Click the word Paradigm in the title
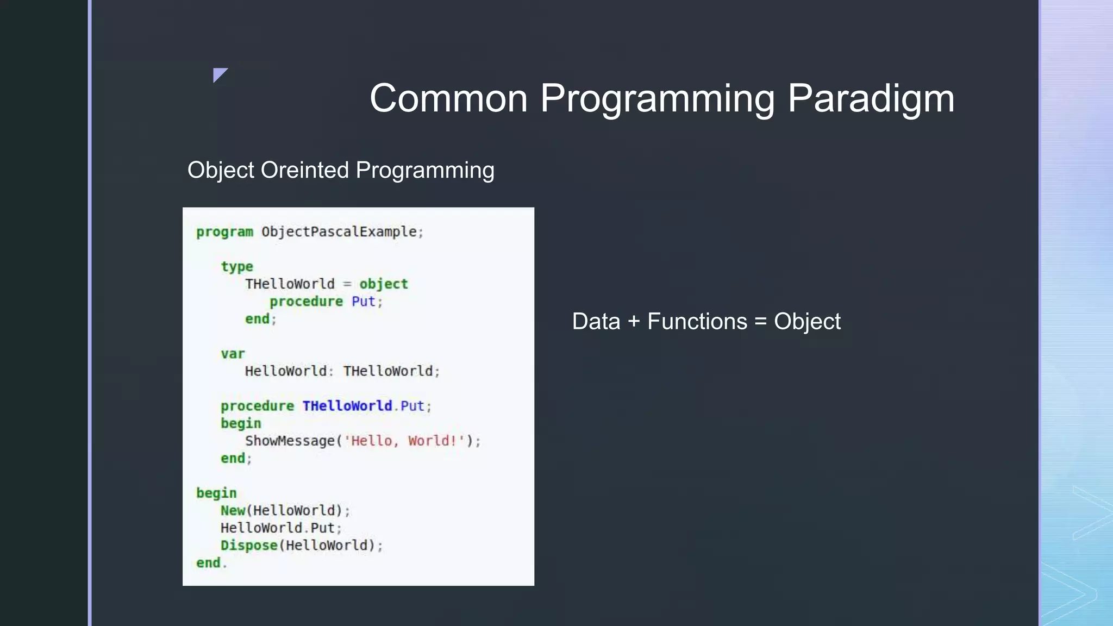coord(871,99)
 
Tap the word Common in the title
coord(448,99)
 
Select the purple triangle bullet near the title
coord(219,74)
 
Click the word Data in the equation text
coord(596,322)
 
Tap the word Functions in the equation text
coord(697,322)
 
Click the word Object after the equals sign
coord(807,322)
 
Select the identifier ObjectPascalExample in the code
coord(339,231)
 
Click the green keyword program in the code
coord(224,232)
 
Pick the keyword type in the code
coord(237,267)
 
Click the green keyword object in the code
coord(383,284)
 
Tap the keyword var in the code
coord(233,354)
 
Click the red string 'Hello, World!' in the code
coord(404,441)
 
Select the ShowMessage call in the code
coord(289,441)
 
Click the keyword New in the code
coord(233,510)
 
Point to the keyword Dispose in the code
coord(249,545)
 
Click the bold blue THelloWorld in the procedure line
coord(347,406)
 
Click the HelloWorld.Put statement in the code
coord(278,528)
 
